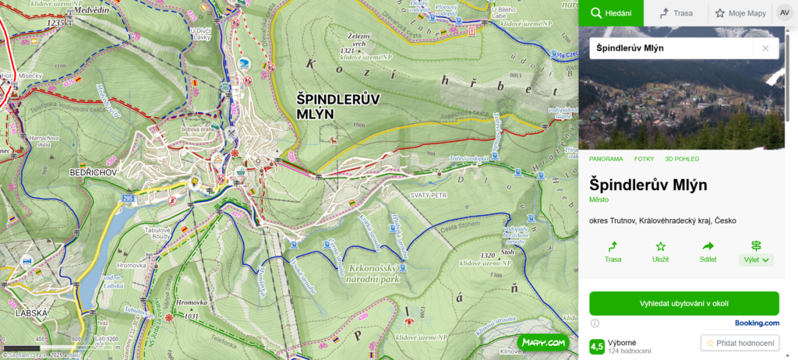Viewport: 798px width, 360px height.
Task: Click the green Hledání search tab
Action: [x=610, y=13]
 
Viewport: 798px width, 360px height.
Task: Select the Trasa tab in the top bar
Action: [x=676, y=13]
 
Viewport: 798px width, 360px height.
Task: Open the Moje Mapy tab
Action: [x=739, y=13]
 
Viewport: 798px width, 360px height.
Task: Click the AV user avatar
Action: [x=783, y=13]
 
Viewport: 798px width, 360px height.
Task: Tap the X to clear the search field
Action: [x=765, y=48]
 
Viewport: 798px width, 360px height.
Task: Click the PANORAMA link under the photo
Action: [x=606, y=159]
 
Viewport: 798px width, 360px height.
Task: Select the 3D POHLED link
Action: [x=682, y=159]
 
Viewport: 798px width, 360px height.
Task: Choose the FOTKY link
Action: [x=644, y=159]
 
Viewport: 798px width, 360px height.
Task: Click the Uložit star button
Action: [x=660, y=252]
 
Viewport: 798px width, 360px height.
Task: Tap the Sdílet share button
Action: [x=708, y=252]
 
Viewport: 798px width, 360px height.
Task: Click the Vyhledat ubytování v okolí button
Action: [x=683, y=303]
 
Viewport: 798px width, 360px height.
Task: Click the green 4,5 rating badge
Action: [x=597, y=346]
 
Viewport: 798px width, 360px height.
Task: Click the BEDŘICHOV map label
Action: [x=93, y=172]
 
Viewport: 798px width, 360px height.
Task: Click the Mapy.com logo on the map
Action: [x=542, y=342]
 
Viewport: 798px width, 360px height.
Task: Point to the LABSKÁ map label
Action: [x=31, y=312]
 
